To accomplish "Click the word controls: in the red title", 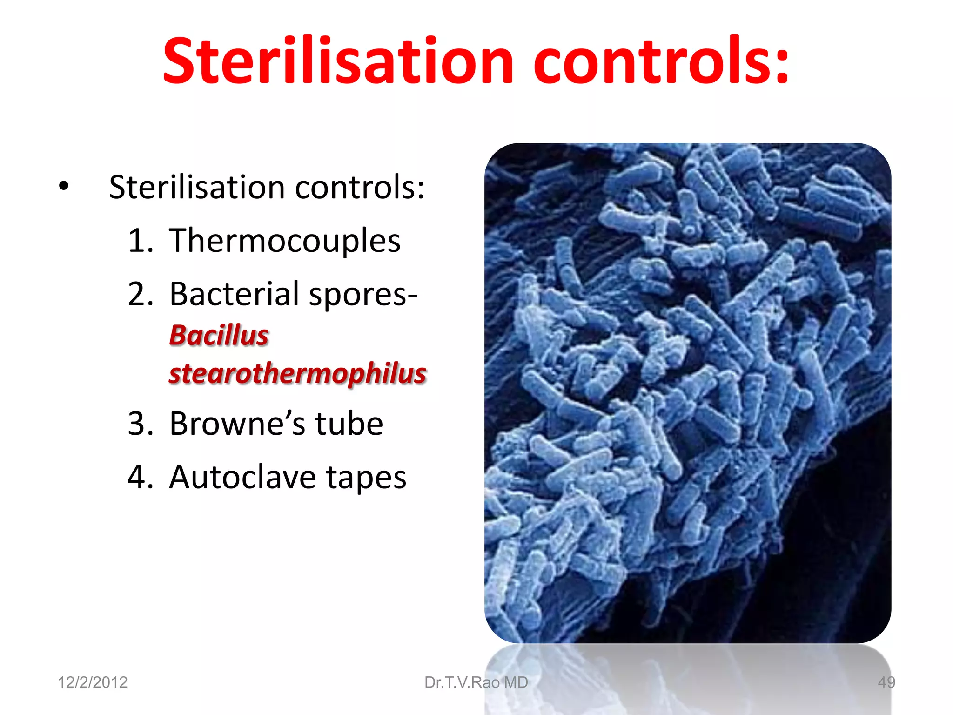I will pos(661,61).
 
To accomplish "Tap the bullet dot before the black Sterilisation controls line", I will pos(64,187).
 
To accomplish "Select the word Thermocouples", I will pos(285,241).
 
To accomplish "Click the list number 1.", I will pos(140,241).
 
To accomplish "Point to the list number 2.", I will pos(140,294).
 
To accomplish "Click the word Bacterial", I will pos(234,294).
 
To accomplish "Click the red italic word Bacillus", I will pos(219,335).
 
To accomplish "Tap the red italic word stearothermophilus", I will pos(298,373).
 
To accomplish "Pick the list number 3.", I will pos(140,424).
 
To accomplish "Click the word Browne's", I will pos(237,424).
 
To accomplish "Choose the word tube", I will pos(349,424).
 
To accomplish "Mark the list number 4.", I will pos(140,477).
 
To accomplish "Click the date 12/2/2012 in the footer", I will pos(93,682).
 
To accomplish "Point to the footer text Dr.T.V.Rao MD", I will pos(476,682).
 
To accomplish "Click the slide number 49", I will pos(886,682).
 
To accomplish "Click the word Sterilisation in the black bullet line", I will pos(197,187).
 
